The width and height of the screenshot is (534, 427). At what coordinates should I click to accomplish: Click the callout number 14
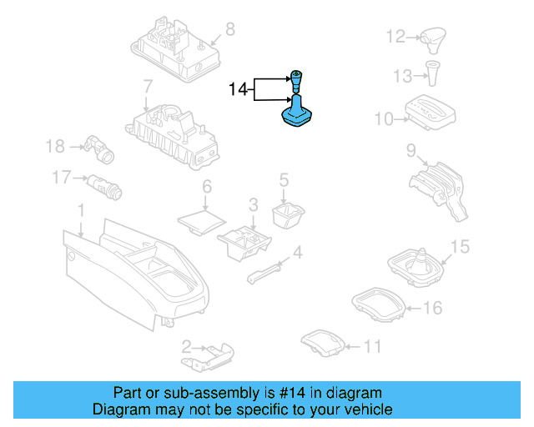click(x=239, y=88)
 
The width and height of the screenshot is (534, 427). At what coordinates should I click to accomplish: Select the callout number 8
click(x=230, y=30)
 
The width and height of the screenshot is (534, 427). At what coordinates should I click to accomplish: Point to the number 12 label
click(x=395, y=37)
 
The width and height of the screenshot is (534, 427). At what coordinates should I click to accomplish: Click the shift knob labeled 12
click(x=434, y=37)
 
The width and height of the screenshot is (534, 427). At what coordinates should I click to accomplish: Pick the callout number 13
click(x=403, y=76)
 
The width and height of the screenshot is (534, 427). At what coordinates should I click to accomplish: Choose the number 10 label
click(x=383, y=119)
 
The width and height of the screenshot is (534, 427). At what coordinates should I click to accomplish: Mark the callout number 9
click(x=411, y=150)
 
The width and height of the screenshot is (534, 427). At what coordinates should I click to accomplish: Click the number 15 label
click(x=461, y=247)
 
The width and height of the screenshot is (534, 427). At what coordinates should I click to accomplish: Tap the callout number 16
click(x=431, y=309)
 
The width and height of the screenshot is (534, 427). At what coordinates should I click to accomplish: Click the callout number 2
click(x=187, y=344)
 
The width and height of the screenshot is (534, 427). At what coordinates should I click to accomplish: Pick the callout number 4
click(x=297, y=253)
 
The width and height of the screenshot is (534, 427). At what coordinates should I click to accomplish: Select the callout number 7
click(x=147, y=86)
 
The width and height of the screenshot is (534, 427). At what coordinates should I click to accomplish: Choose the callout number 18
click(x=55, y=147)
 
